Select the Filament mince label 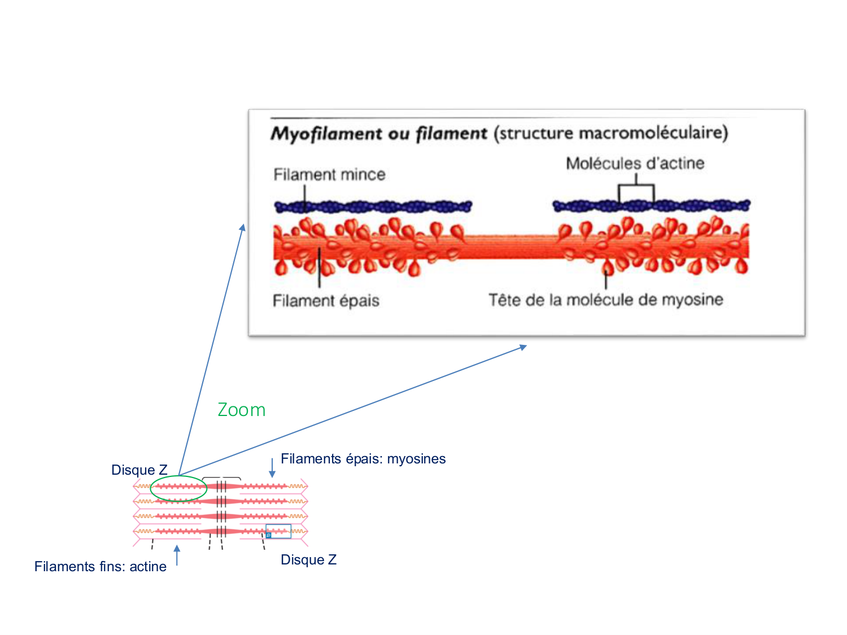coord(329,174)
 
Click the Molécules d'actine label coord(635,164)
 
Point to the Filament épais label coord(326,301)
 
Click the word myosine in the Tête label coord(692,300)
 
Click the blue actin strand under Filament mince coord(373,207)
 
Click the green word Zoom coord(242,410)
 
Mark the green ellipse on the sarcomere coord(178,488)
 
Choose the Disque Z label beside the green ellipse coord(139,470)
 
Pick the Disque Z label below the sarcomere coord(308,560)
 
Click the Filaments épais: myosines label coord(363,459)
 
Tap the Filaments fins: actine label coord(101,567)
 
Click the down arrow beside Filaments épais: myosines coord(272,468)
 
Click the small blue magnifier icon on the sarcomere coord(269,535)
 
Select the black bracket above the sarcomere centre coord(221,479)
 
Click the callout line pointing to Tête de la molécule coord(606,279)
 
